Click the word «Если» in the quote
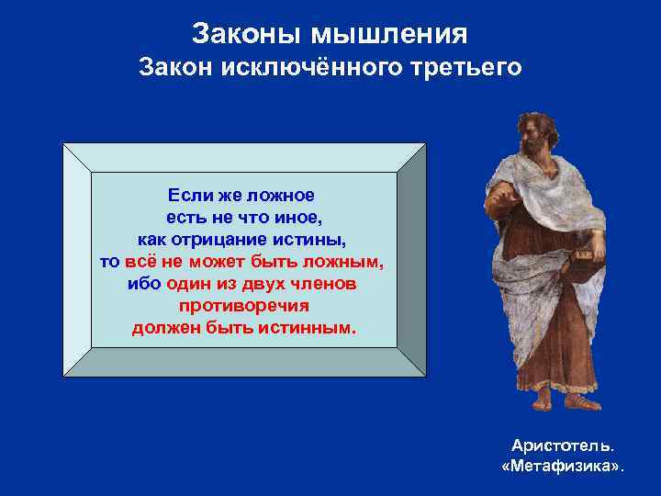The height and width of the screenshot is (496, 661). click(188, 195)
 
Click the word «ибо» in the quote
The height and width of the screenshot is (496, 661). click(144, 284)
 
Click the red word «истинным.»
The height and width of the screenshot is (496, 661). click(304, 328)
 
